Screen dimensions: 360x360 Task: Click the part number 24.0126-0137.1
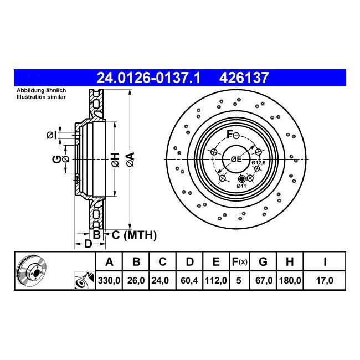click(149, 78)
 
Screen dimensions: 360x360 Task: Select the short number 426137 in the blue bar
click(244, 78)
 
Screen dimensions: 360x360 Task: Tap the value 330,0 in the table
click(109, 280)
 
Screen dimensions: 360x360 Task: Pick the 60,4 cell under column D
click(189, 280)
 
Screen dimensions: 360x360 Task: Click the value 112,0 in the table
click(216, 280)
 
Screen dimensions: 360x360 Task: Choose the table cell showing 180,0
click(290, 280)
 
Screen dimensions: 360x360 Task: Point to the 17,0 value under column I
click(325, 280)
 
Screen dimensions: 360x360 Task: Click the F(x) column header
click(240, 261)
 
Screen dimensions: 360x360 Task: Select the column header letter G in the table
click(263, 261)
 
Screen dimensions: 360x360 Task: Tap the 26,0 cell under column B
click(136, 280)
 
